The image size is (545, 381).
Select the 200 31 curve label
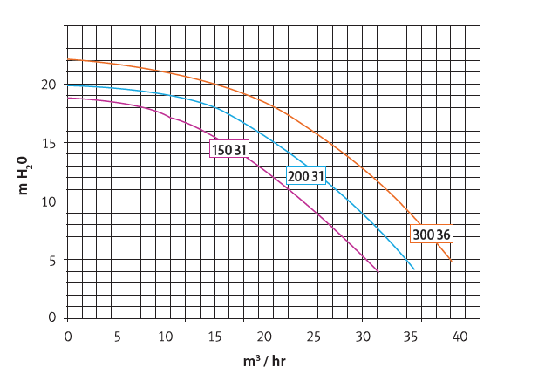coord(306,176)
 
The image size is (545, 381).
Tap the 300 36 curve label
coord(432,234)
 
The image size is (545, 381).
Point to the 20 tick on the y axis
coord(52,85)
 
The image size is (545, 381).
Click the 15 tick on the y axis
coord(52,143)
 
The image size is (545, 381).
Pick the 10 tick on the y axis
coord(52,201)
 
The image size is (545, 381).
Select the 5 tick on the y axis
coord(55,260)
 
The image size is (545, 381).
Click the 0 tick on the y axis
coord(55,317)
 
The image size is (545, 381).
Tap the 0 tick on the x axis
coord(68,336)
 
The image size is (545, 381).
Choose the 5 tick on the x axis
coord(126,336)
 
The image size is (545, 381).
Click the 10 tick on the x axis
coord(185,336)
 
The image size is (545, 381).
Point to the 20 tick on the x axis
coord(303,336)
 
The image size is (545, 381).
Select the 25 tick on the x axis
coord(362,336)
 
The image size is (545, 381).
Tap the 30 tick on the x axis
coord(421,336)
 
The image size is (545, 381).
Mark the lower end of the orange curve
coord(451,259)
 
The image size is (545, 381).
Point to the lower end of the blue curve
coord(414,269)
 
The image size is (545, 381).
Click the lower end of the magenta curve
coord(378,271)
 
